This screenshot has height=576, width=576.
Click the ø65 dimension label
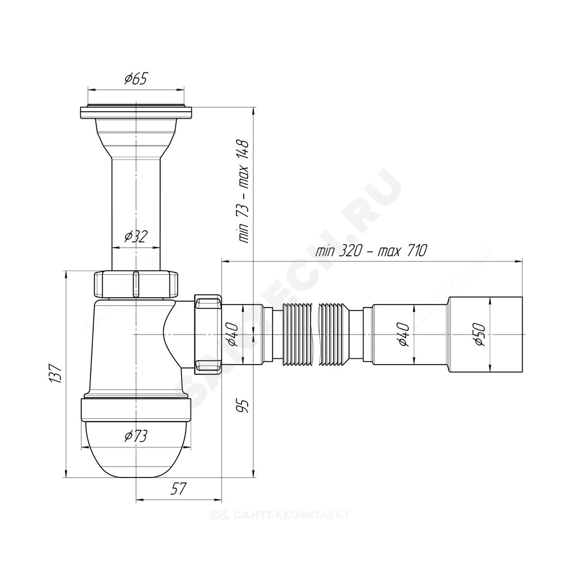[135, 78]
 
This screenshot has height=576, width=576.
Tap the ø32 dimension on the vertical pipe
[135, 237]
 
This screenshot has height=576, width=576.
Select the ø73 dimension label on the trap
[135, 436]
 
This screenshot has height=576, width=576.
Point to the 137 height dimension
[55, 374]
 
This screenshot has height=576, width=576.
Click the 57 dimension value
[179, 488]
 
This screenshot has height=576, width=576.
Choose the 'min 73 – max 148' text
[243, 191]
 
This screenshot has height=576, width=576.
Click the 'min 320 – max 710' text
[371, 251]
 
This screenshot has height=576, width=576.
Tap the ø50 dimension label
[480, 334]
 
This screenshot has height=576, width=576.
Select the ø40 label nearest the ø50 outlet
[403, 334]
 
